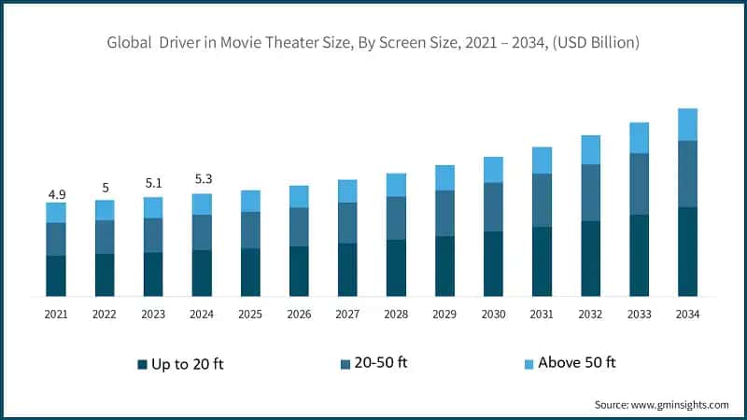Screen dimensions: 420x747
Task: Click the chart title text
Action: pos(373,42)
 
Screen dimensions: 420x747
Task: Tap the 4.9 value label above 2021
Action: pos(56,194)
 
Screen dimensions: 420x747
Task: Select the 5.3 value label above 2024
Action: pos(202,179)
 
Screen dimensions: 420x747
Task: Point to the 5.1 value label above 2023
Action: pos(153,183)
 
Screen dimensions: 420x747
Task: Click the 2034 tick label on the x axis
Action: pos(687,315)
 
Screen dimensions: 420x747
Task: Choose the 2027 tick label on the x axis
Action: pos(347,315)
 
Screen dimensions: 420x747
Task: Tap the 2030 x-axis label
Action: pos(493,315)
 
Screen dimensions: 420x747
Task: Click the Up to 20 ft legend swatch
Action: pos(143,363)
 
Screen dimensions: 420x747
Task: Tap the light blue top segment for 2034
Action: pos(687,124)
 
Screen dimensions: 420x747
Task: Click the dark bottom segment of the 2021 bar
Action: pos(56,275)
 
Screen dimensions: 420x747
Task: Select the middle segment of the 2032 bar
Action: pos(590,192)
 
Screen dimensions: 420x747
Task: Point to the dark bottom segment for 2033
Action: pos(639,255)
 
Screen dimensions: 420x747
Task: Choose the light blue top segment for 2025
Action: pos(250,201)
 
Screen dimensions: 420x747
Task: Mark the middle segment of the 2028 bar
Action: pos(396,217)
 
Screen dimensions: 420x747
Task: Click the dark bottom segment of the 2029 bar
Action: pos(444,266)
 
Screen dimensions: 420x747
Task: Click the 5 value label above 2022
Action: pos(105,188)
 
